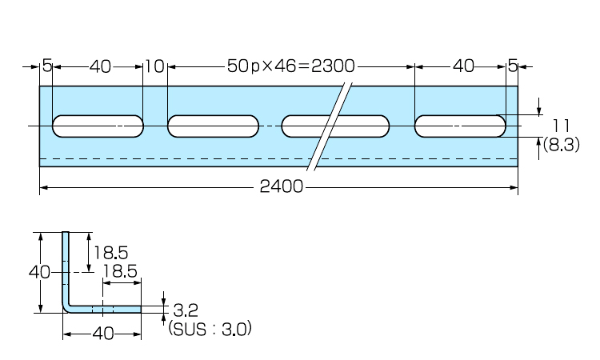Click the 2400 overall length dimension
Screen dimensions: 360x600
click(x=281, y=187)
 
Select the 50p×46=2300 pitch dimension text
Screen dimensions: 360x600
click(x=290, y=66)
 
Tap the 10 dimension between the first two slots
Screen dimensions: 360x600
click(x=155, y=66)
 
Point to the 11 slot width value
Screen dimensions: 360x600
click(x=560, y=125)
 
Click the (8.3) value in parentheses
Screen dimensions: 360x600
click(x=561, y=146)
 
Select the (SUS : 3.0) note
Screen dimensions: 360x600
click(x=210, y=327)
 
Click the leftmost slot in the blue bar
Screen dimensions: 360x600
click(x=98, y=126)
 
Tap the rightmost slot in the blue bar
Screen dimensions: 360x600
click(x=461, y=126)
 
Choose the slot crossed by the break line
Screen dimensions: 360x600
click(x=336, y=126)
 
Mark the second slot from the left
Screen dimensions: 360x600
click(x=214, y=126)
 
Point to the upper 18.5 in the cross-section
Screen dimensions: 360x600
click(x=110, y=253)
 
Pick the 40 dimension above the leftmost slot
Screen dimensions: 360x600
click(x=100, y=66)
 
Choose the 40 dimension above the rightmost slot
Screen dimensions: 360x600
click(x=463, y=66)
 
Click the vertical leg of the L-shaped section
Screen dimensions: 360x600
click(x=66, y=268)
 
